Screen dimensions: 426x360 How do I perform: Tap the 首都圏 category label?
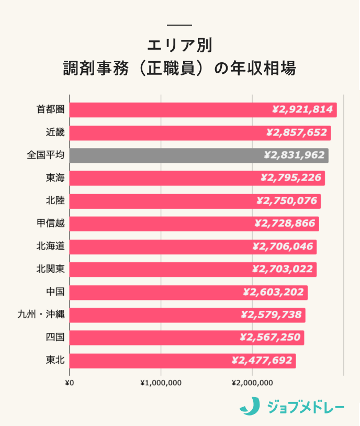pos(50,110)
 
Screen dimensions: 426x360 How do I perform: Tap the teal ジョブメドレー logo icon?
pos(250,406)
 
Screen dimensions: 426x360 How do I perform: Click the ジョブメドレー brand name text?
pos(305,407)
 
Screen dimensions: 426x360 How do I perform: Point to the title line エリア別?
pos(179,45)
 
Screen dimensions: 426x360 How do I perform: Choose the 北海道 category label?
pos(50,246)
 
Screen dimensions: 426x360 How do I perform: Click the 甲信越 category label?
pos(50,223)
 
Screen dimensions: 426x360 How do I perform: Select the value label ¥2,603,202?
pos(274,292)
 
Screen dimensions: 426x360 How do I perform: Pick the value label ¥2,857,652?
pos(297,132)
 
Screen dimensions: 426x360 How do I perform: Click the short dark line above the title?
pos(179,25)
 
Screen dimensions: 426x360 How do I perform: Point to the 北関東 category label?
pos(50,269)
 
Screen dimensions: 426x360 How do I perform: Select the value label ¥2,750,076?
pos(287,201)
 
